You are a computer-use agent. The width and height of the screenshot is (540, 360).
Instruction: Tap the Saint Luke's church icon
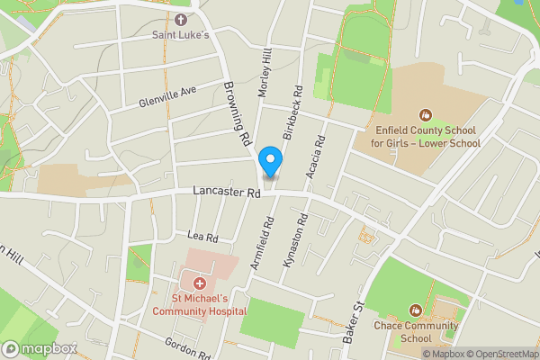[181, 19]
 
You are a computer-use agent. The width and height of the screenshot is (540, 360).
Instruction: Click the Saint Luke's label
[180, 35]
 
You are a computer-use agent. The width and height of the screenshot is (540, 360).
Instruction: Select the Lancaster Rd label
[226, 192]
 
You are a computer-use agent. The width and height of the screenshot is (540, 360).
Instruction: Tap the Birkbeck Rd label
[290, 112]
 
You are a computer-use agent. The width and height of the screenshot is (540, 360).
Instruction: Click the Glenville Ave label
[167, 97]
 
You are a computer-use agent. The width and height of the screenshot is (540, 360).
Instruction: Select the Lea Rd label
[202, 237]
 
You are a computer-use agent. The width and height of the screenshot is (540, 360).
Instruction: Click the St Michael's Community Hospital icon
[199, 283]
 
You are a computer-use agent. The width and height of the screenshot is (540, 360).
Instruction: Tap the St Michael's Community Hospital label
[200, 304]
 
